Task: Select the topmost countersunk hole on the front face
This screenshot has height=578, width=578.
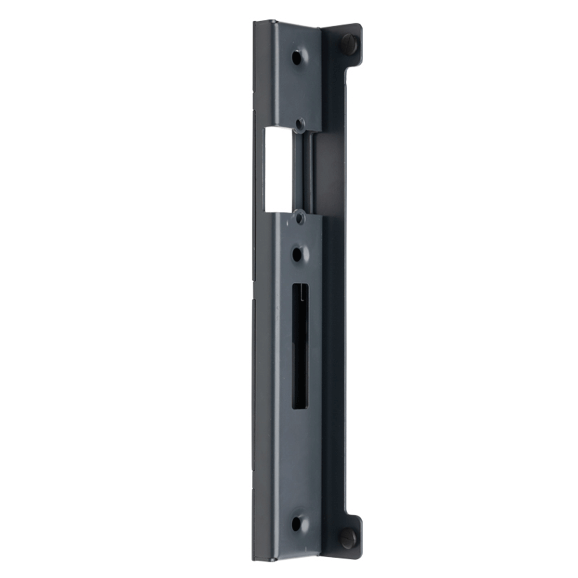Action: pos(297,58)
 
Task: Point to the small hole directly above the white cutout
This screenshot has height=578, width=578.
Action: pos(300,124)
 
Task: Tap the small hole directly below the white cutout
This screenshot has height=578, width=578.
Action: pos(300,219)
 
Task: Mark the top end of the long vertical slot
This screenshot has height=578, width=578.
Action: pos(300,285)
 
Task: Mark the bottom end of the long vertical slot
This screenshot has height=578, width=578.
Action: pos(300,407)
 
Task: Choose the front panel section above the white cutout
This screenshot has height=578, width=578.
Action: pos(294,87)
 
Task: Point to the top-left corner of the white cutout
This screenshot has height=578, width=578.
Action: pos(264,130)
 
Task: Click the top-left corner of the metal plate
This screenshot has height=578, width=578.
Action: pos(255,22)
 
